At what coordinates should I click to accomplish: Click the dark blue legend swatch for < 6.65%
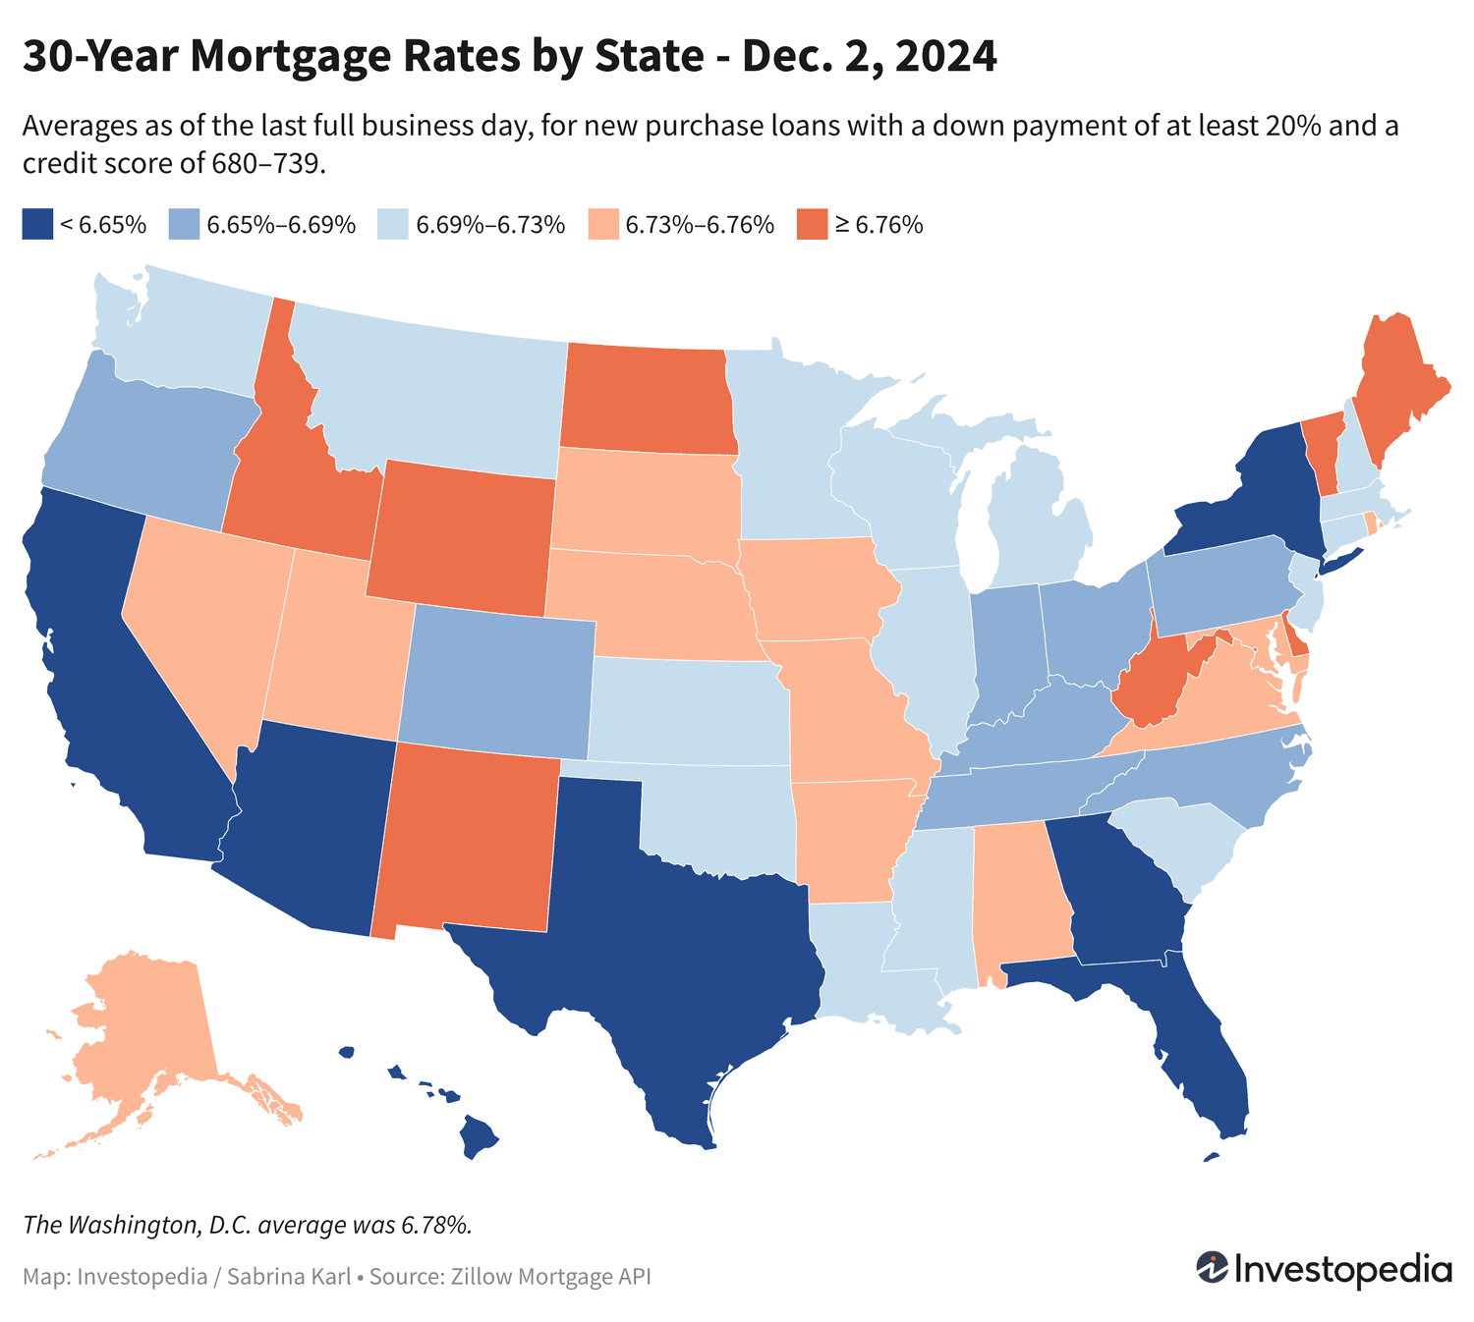36,224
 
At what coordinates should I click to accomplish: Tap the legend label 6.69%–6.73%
490,225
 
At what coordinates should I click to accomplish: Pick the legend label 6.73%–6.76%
700,225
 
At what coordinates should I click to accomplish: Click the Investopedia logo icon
1211,1268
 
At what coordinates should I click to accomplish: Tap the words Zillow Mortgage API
551,1277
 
